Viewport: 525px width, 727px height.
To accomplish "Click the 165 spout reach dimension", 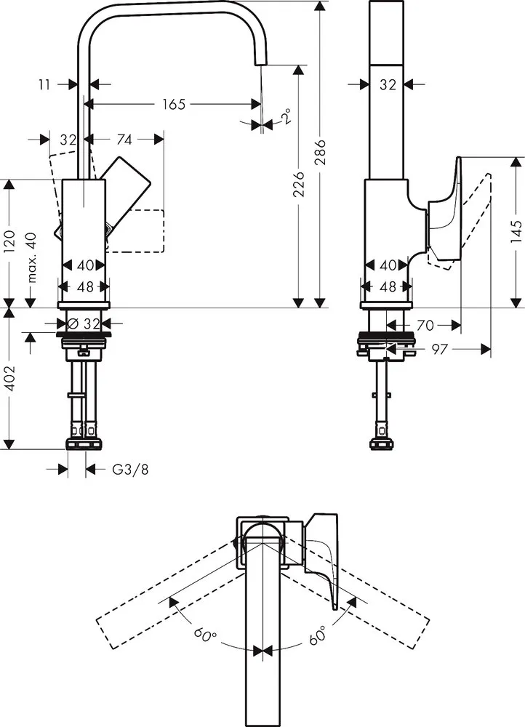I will click(x=172, y=105).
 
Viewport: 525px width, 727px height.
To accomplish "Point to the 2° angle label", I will click(x=286, y=116).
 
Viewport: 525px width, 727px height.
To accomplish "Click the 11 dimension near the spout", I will click(x=44, y=84).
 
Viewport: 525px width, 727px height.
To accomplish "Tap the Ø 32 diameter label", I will click(x=84, y=322).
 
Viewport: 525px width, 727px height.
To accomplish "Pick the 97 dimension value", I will click(x=438, y=350).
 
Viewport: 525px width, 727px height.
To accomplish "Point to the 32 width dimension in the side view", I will click(x=388, y=84).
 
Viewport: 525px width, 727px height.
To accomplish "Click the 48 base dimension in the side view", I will click(x=388, y=286).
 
